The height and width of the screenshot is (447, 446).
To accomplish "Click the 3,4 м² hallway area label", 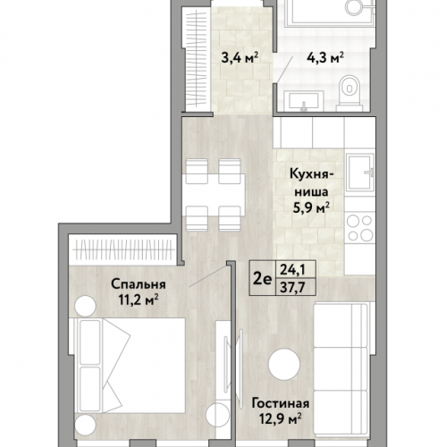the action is pos(240,58).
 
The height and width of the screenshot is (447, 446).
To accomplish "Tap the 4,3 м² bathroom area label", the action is pos(325,58).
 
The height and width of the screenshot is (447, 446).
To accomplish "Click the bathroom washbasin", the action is pos(304,101).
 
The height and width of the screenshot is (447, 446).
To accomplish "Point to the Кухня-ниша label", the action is pos(311,182).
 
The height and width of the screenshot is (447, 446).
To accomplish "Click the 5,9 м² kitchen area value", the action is pos(311,207).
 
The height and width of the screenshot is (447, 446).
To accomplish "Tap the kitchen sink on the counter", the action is pos(360,172).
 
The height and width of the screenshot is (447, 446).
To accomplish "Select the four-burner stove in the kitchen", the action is pos(360,228).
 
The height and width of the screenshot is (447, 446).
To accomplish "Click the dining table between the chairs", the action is pos(214,195).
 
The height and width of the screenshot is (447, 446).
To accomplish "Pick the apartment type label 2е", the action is pos(263,279).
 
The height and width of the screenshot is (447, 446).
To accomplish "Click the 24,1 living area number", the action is pos(292,270).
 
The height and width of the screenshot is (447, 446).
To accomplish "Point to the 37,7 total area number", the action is pos(292,288).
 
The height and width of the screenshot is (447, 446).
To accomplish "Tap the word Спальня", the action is pos(139,284).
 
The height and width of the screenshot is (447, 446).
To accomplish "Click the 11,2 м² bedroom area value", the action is pos(139,300).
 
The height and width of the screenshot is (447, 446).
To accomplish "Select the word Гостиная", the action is pos(281,404).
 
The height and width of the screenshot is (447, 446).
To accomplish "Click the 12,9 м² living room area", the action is pos(281,419).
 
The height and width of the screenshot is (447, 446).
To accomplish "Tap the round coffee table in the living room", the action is pos(284,365).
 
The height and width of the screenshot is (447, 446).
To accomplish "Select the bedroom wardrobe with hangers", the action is pos(122,249).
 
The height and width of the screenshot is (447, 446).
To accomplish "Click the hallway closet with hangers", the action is pos(196,59).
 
